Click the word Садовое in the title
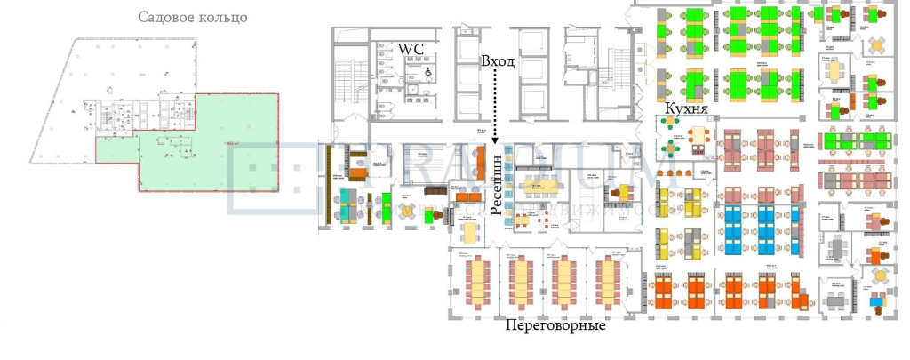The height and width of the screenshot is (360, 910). point(167,18)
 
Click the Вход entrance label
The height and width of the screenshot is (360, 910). point(498,62)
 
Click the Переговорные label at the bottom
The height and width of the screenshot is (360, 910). point(555,325)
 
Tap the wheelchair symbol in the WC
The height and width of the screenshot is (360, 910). point(427,71)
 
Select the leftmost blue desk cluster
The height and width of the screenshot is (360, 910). point(734,229)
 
